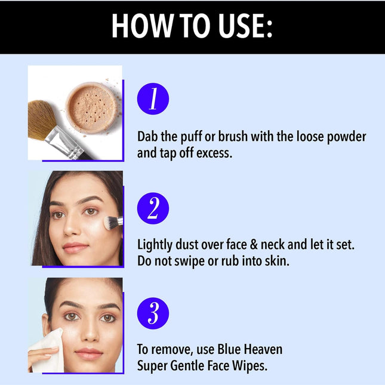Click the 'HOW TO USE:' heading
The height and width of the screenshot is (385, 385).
click(192, 26)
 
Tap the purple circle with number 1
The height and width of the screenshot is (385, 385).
click(153, 99)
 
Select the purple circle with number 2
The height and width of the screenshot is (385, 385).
click(153, 209)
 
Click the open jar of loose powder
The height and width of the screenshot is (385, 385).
click(91, 107)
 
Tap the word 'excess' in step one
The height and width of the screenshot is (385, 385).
click(213, 153)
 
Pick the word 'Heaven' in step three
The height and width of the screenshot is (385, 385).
click(260, 349)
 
